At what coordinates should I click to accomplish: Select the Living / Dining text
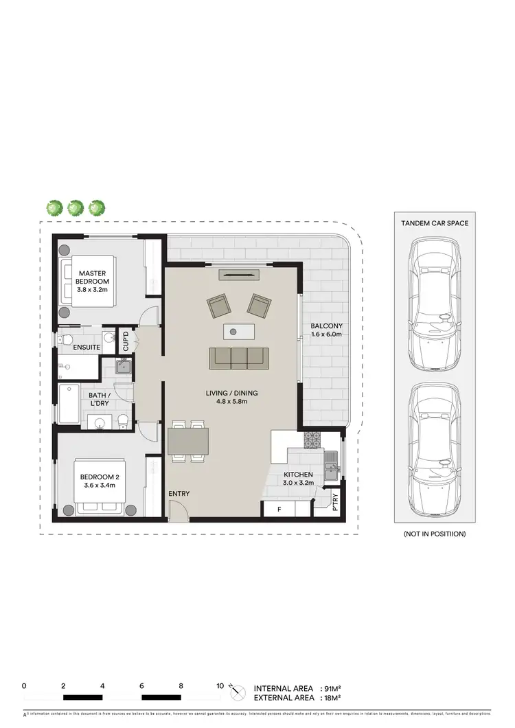click(x=231, y=398)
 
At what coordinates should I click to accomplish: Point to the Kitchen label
click(x=299, y=479)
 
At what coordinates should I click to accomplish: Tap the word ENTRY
click(x=179, y=494)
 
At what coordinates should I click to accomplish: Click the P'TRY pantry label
click(x=335, y=499)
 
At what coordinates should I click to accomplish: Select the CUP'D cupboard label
click(x=126, y=341)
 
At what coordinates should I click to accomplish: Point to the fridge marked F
click(x=279, y=510)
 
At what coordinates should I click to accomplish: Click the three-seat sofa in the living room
click(x=238, y=357)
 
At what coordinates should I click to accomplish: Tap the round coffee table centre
click(x=233, y=332)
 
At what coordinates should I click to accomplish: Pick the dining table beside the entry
click(x=188, y=440)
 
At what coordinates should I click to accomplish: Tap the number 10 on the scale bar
click(x=220, y=686)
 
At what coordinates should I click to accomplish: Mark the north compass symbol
click(x=238, y=692)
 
